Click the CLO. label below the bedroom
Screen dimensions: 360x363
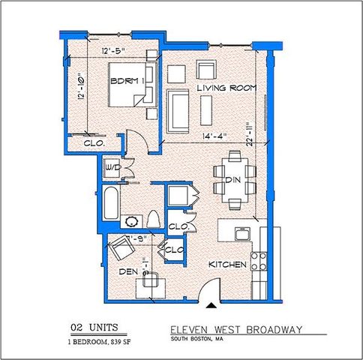coord(93,142)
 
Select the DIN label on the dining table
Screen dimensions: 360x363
coord(232,181)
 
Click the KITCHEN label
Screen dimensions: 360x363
coord(223,265)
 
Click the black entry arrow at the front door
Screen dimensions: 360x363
coord(212,304)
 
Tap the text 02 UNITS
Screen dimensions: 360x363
coord(93,327)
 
